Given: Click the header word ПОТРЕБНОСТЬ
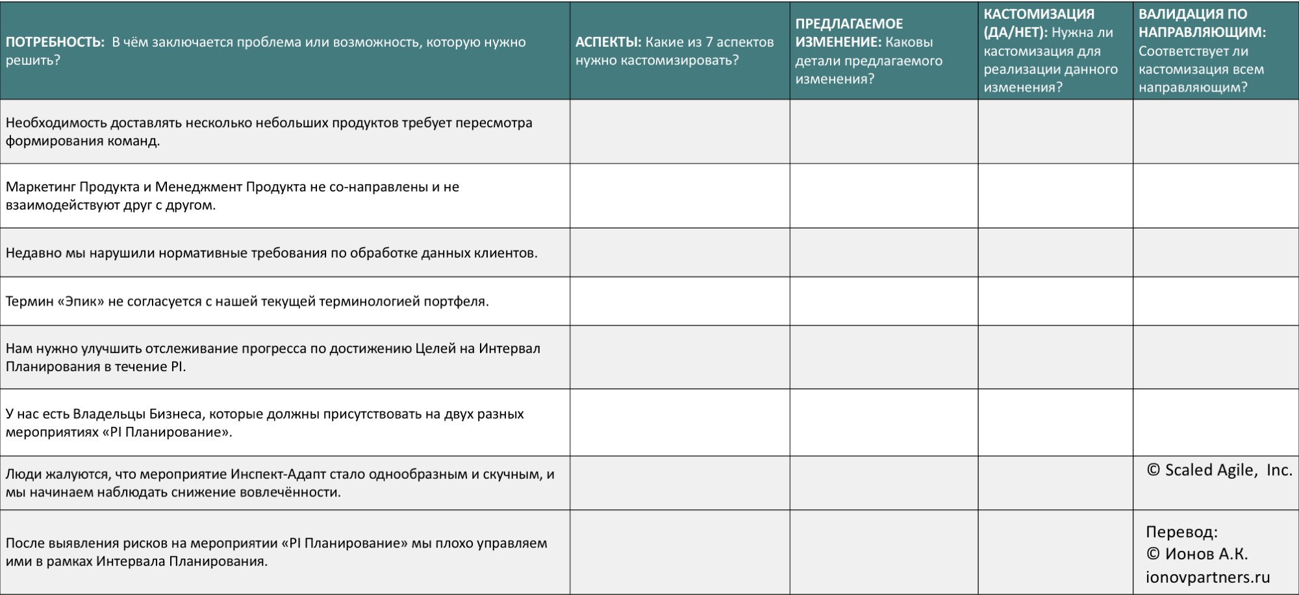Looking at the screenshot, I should [55, 42].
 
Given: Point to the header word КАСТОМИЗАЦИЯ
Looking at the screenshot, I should [1039, 14].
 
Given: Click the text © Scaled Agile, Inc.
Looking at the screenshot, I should [1219, 470].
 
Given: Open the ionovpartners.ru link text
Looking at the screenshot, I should [1207, 577].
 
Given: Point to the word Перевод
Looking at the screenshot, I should [1181, 532].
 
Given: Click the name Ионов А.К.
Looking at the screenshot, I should [1205, 554].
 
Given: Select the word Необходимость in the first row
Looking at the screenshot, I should [56, 123].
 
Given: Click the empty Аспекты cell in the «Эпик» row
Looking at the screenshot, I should [679, 302].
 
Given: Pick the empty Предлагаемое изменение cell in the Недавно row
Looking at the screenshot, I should [883, 253].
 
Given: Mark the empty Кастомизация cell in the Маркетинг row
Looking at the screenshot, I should [1055, 195].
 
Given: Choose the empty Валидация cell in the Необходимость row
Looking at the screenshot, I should [1215, 131].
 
